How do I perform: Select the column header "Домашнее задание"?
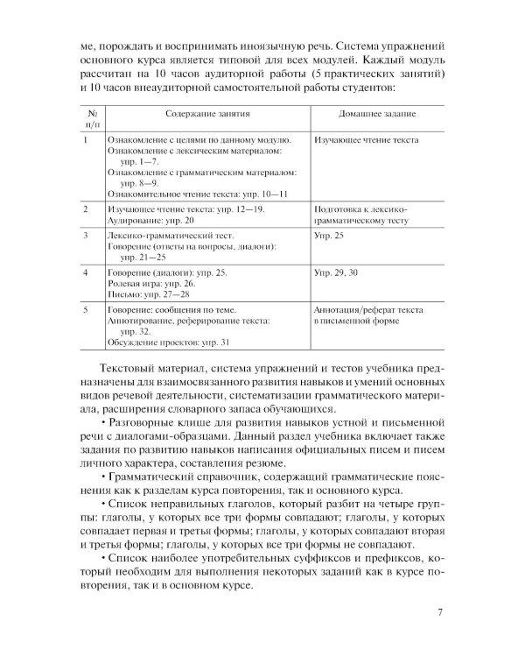point(376,114)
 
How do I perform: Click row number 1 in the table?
point(85,140)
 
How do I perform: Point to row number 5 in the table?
point(85,311)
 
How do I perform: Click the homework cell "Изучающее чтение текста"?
point(365,140)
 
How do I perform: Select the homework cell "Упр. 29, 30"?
point(336,274)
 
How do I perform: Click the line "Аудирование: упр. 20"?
point(150,223)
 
